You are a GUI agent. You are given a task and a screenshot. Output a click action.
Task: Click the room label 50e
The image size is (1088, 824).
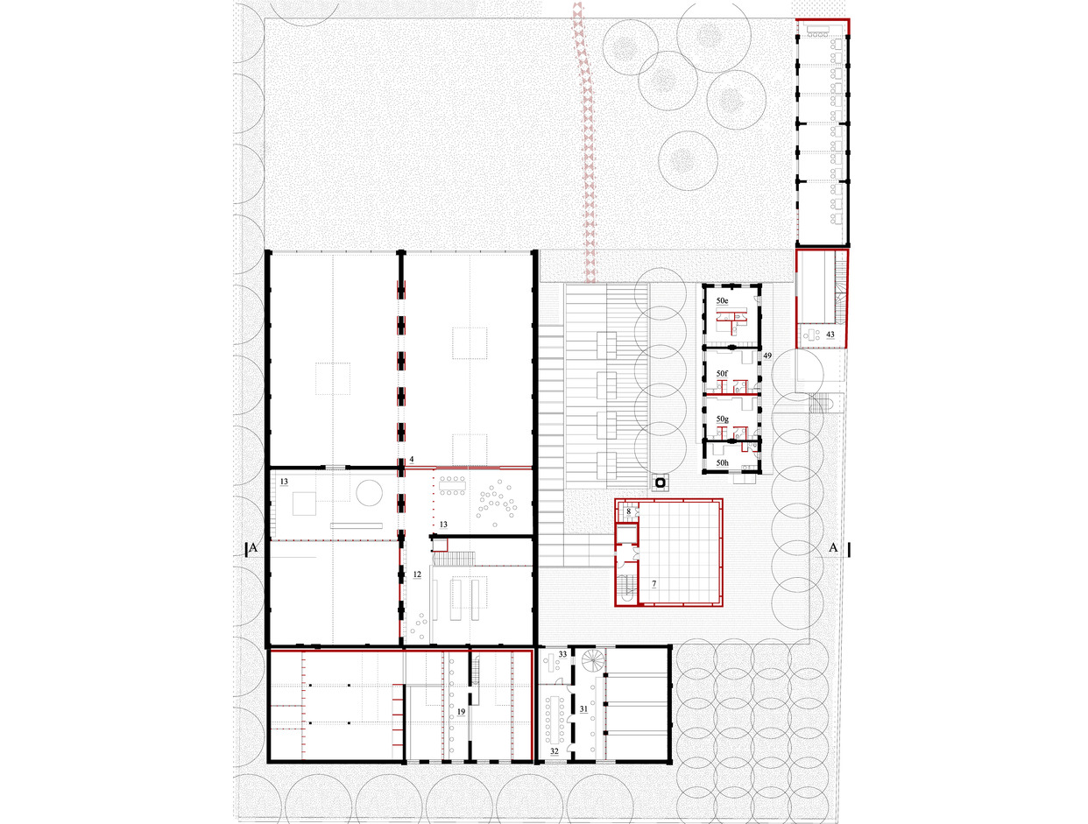(x=722, y=300)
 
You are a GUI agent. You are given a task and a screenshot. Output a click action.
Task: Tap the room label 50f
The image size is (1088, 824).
(x=722, y=373)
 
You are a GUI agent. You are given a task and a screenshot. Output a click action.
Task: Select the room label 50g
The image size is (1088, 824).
(x=722, y=419)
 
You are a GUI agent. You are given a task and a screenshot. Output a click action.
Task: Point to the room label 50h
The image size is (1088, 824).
(x=722, y=462)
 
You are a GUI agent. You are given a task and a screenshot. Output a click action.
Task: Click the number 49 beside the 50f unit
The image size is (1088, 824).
(x=767, y=356)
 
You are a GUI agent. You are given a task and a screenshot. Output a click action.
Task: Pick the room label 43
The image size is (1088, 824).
(x=830, y=335)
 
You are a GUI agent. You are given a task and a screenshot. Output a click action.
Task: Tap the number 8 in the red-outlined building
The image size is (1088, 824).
(x=628, y=511)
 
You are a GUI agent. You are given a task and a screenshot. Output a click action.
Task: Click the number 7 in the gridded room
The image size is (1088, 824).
(x=654, y=584)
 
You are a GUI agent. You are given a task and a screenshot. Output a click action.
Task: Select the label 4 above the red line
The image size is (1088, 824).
(x=412, y=460)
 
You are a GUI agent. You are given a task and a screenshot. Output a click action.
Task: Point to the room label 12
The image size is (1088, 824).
(x=417, y=574)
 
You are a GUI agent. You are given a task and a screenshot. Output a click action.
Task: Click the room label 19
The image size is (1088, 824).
(x=461, y=712)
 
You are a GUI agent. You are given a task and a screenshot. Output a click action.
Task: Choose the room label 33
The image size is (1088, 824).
(x=562, y=654)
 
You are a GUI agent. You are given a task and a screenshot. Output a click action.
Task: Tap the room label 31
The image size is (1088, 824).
(x=583, y=709)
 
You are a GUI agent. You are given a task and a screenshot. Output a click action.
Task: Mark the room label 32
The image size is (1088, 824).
(x=555, y=751)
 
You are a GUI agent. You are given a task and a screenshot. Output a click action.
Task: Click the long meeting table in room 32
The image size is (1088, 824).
(x=554, y=715)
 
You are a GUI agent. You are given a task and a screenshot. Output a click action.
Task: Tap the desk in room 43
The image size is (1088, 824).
(x=810, y=332)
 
